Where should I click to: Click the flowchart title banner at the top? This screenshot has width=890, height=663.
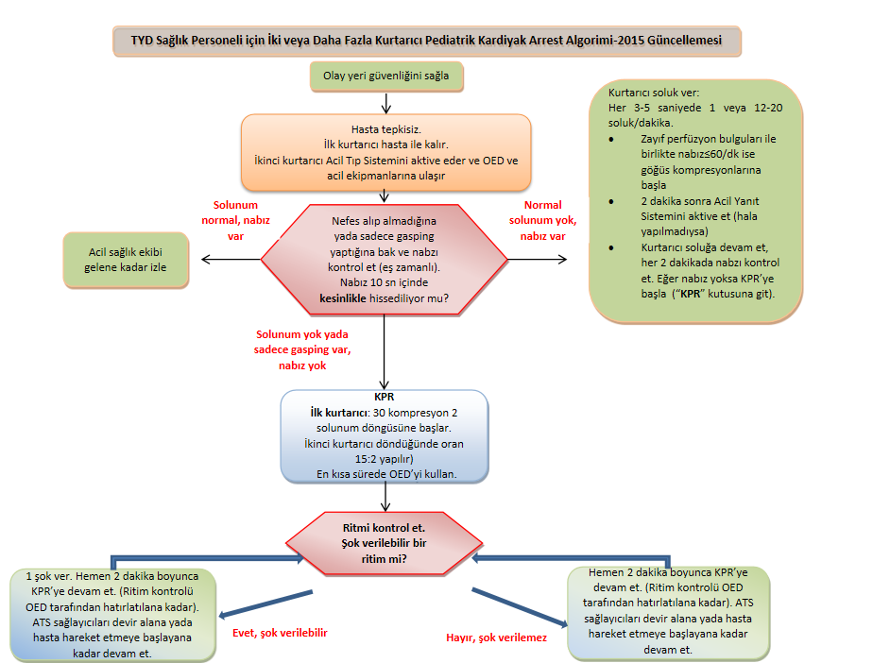click(426, 42)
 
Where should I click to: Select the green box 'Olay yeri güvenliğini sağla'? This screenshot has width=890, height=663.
click(386, 76)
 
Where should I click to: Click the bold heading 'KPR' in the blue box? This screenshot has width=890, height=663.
click(384, 398)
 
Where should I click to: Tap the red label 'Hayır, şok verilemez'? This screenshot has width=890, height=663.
click(497, 637)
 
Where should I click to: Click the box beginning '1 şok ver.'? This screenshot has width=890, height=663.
click(113, 613)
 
